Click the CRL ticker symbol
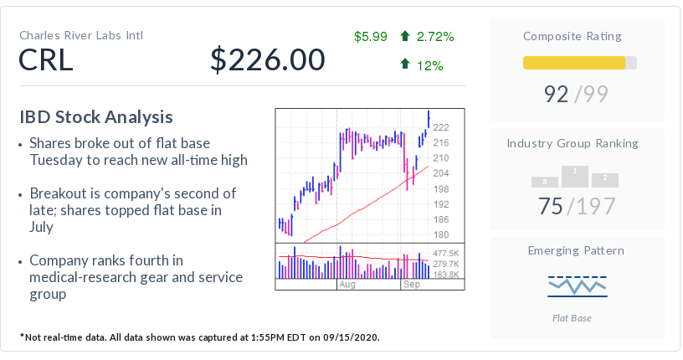click(46, 60)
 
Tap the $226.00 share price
click(267, 60)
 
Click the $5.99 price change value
click(370, 36)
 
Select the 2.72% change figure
click(434, 36)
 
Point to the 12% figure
click(429, 64)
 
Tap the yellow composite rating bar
click(574, 63)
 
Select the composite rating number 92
click(557, 94)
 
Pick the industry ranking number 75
click(550, 206)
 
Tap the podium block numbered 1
click(574, 175)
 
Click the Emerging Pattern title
click(576, 250)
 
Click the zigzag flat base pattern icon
click(578, 285)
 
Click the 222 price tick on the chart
click(441, 127)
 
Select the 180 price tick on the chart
click(440, 234)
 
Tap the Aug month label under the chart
click(347, 285)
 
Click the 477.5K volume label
click(446, 253)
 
